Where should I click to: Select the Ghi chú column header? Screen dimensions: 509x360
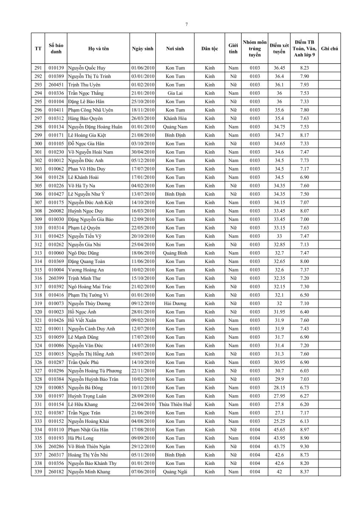click(329, 49)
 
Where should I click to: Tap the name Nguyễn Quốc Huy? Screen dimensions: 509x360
click(87, 68)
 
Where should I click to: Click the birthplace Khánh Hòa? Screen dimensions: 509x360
click(175, 118)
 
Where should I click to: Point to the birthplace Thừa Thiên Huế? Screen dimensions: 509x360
click(175, 404)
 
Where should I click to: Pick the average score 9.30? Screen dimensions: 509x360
click(304, 446)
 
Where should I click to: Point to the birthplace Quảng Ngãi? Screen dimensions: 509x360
click(175, 472)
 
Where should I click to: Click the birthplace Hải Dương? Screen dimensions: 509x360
click(175, 303)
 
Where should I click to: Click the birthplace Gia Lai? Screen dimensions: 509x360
click(175, 93)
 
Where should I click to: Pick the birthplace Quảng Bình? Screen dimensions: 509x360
click(175, 253)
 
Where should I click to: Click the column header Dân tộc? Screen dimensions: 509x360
click(209, 49)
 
